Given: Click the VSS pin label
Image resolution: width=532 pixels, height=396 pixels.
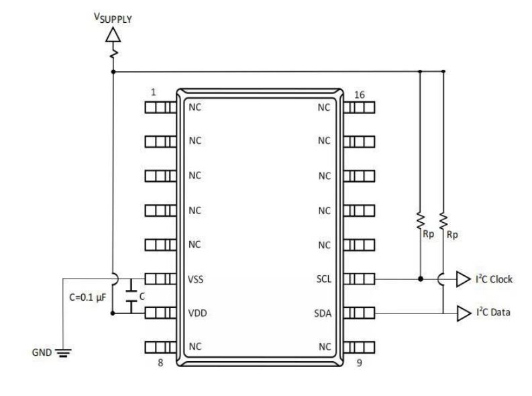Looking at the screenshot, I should coord(195,278).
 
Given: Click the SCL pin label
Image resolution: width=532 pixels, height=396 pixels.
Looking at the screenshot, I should coord(323,278).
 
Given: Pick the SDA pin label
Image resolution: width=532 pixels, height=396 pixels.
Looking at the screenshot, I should coord(323,312).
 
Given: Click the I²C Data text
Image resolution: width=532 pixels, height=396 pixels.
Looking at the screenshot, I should coord(493,313).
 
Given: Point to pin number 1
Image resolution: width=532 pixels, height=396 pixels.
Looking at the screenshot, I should coord(153,93).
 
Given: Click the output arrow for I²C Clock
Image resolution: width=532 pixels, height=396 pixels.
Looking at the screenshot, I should coord(462,279).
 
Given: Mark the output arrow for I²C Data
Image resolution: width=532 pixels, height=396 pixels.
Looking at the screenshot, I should coord(462,313).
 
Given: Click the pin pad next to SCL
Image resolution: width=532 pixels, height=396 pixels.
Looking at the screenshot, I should coord(359,278).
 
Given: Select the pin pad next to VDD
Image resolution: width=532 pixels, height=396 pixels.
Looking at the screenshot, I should coord(160,312).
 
